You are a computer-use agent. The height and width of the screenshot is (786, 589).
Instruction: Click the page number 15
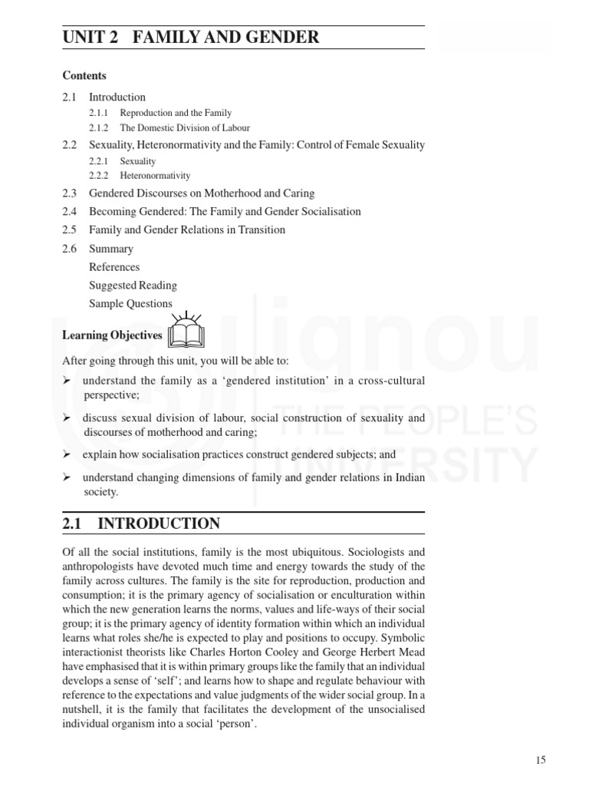(541, 760)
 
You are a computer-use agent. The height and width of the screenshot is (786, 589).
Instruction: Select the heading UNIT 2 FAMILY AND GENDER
(191, 37)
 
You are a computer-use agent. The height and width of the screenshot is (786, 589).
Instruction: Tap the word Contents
(84, 75)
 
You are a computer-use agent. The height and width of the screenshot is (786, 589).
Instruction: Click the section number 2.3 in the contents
(71, 193)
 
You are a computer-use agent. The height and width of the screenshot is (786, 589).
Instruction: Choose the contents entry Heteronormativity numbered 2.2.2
(155, 176)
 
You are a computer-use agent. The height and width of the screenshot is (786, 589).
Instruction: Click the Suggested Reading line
(133, 286)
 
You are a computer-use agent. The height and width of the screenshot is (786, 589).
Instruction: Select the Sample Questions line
(130, 304)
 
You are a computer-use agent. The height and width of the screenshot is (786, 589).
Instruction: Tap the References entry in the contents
(114, 267)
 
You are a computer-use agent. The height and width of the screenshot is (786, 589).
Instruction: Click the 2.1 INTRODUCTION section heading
(141, 524)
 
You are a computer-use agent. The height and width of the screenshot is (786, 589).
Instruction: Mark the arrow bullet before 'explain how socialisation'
(66, 454)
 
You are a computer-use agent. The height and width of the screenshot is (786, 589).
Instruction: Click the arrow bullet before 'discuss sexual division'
(66, 418)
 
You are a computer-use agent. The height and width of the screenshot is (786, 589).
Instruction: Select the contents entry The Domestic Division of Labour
(185, 128)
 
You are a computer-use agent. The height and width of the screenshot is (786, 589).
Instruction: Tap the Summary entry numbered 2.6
(110, 249)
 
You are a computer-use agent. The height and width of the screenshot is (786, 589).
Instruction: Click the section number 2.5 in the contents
(71, 230)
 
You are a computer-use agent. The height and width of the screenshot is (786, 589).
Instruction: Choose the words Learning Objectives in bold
(112, 335)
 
